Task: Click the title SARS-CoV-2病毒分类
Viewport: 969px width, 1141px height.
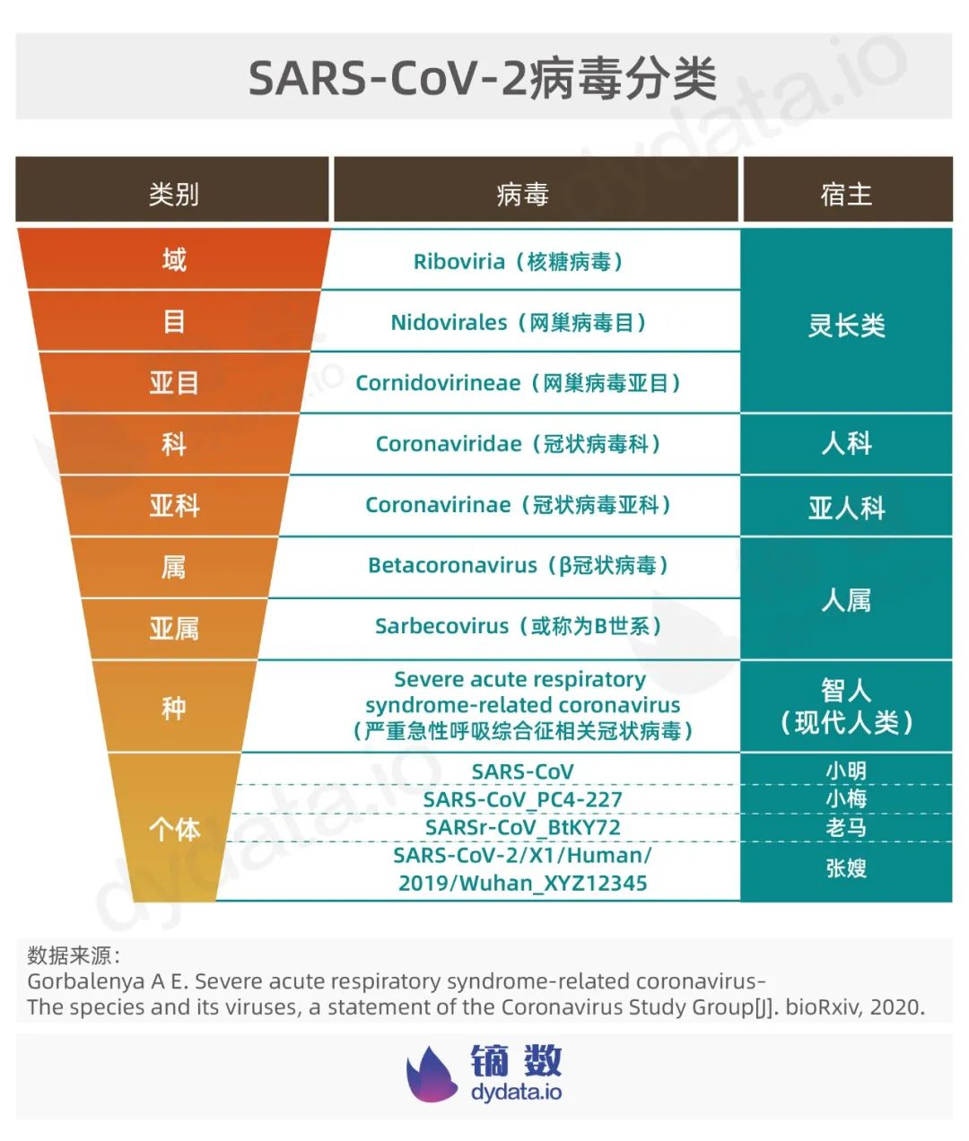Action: [x=483, y=79]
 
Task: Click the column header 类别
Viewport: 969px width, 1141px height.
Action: [x=173, y=194]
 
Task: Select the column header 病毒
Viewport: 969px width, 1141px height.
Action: [x=522, y=194]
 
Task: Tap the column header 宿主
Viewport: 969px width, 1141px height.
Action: [x=845, y=194]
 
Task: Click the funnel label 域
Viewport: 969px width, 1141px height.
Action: [x=173, y=260]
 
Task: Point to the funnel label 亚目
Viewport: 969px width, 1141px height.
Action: [x=173, y=383]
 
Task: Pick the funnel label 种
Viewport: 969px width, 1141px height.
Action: [x=173, y=708]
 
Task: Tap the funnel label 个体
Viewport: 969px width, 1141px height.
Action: [x=173, y=829]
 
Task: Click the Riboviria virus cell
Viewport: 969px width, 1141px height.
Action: [x=519, y=262]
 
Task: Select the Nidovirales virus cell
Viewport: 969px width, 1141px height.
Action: [x=519, y=323]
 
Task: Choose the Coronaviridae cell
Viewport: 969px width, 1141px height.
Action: [x=519, y=444]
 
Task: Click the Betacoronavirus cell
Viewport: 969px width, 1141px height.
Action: [x=519, y=565]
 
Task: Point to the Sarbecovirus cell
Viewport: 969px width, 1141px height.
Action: [x=519, y=626]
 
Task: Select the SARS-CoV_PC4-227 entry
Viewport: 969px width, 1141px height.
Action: [x=522, y=799]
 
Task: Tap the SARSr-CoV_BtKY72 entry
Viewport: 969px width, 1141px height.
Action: [x=522, y=827]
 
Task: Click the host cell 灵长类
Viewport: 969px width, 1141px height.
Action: [x=845, y=325]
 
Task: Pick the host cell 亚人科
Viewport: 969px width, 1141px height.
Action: [x=845, y=508]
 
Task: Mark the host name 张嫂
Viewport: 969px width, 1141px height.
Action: [x=845, y=868]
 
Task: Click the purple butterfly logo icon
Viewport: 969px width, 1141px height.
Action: [x=432, y=1075]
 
